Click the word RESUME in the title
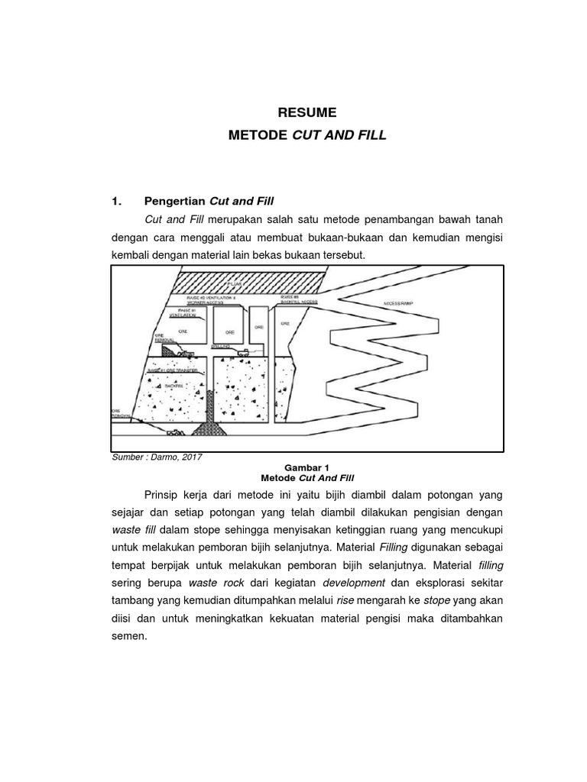tap(307, 112)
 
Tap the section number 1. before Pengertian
tap(117, 202)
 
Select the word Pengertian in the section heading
tap(175, 202)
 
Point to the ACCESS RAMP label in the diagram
tap(398, 303)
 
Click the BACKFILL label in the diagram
tap(174, 386)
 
